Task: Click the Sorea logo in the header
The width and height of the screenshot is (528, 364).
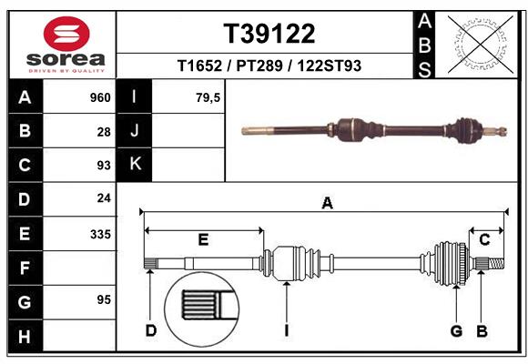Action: coord(66,45)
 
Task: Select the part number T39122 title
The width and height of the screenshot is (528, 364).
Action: coord(269,34)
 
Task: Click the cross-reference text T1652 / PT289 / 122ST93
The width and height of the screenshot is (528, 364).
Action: coord(269,66)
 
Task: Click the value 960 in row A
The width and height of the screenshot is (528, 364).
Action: coord(99,97)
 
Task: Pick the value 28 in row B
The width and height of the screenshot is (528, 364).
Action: coord(103,131)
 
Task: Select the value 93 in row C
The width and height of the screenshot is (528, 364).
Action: coord(103,166)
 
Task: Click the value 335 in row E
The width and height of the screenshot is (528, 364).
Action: coord(99,234)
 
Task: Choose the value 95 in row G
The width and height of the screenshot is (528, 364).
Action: coord(103,300)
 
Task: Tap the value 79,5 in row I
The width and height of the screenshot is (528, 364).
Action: coord(208,97)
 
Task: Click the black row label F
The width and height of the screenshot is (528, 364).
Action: coord(25,268)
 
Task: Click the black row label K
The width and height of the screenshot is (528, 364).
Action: coord(135,165)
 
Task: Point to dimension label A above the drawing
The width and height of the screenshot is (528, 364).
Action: coord(327,204)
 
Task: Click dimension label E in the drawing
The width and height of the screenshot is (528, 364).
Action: coord(203,239)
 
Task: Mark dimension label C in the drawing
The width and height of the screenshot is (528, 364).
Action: coord(485,239)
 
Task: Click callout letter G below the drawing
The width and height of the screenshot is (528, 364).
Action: coord(456,330)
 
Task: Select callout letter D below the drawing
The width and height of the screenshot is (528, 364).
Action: coord(151,330)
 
